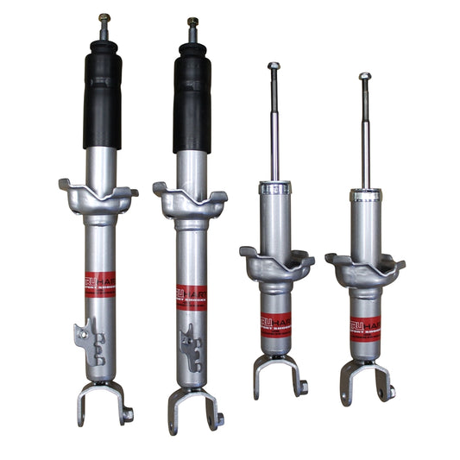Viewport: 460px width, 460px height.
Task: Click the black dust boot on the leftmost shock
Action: (x=102, y=95)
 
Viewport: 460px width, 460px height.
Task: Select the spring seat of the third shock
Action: (x=276, y=264)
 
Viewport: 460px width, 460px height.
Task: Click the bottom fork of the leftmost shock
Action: (x=102, y=402)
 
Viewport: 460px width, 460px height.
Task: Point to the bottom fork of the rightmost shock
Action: (x=366, y=380)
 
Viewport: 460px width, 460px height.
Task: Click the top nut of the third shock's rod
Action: (x=274, y=66)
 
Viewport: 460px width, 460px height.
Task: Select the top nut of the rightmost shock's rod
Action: (x=365, y=77)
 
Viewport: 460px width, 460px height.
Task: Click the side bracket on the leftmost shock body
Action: (x=90, y=337)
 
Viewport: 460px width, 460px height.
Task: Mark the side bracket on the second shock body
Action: (x=188, y=345)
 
